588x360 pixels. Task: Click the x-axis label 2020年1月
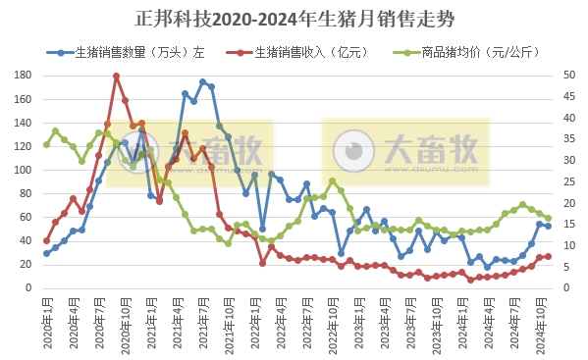click(46, 316)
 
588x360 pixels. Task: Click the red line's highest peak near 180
click(116, 76)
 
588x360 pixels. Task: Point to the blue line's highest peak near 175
click(202, 82)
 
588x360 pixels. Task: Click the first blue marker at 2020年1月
click(46, 253)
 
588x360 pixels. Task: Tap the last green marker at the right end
click(548, 218)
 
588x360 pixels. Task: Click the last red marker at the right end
click(548, 256)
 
